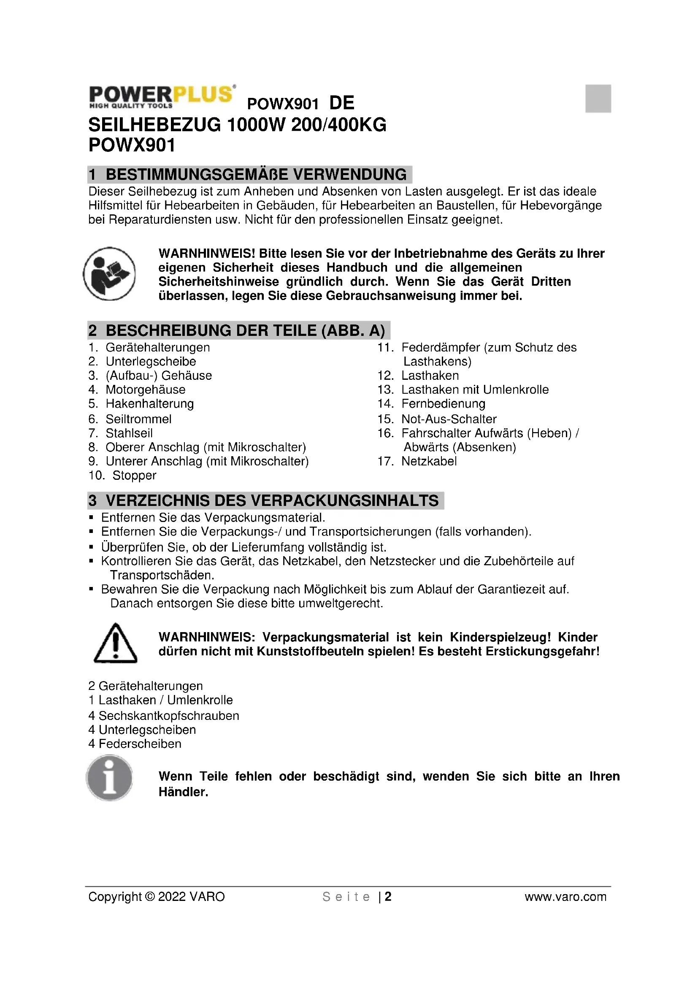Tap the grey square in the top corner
(598, 98)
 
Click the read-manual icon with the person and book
(109, 274)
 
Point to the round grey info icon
(109, 779)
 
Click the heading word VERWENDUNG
(349, 175)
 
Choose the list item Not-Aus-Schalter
(449, 419)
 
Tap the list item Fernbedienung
(443, 404)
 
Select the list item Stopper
(134, 476)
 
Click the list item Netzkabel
(429, 461)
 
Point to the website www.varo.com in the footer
(565, 897)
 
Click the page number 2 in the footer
(388, 897)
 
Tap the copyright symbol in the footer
(150, 897)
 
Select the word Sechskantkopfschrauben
(169, 716)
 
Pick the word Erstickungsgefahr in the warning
(542, 651)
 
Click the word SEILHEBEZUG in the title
(155, 125)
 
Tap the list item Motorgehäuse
(146, 389)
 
